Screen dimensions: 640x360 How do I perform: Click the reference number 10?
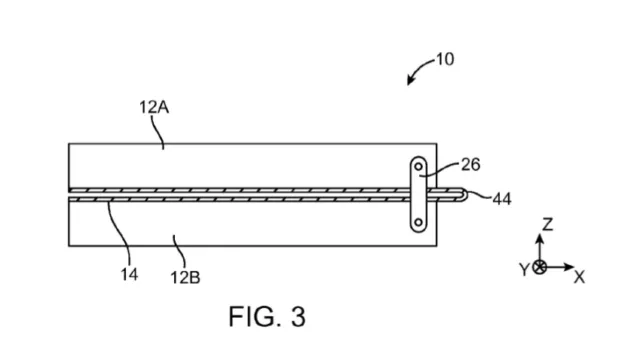pyautogui.click(x=445, y=60)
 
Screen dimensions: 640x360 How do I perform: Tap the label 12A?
pyautogui.click(x=154, y=107)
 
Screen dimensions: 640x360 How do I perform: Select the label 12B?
pyautogui.click(x=185, y=278)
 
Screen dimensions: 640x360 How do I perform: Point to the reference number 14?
pyautogui.click(x=129, y=275)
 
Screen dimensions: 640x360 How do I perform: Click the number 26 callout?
pyautogui.click(x=471, y=165)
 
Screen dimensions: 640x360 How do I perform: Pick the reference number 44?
pyautogui.click(x=502, y=199)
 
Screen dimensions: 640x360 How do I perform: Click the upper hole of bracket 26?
pyautogui.click(x=418, y=167)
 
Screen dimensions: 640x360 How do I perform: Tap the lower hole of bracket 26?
pyautogui.click(x=418, y=222)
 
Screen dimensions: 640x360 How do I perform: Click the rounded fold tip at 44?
pyautogui.click(x=466, y=195)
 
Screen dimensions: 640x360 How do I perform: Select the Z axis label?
pyautogui.click(x=547, y=224)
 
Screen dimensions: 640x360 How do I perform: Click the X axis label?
pyautogui.click(x=579, y=278)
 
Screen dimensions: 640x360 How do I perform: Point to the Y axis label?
pyautogui.click(x=524, y=270)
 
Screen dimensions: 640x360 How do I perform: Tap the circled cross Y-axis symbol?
pyautogui.click(x=540, y=267)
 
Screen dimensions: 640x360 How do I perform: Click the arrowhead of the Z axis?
pyautogui.click(x=540, y=238)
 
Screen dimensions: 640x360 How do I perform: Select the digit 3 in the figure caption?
pyautogui.click(x=298, y=317)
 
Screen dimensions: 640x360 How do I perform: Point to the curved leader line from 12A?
pyautogui.click(x=158, y=132)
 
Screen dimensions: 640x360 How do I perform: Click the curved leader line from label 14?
pyautogui.click(x=119, y=233)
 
